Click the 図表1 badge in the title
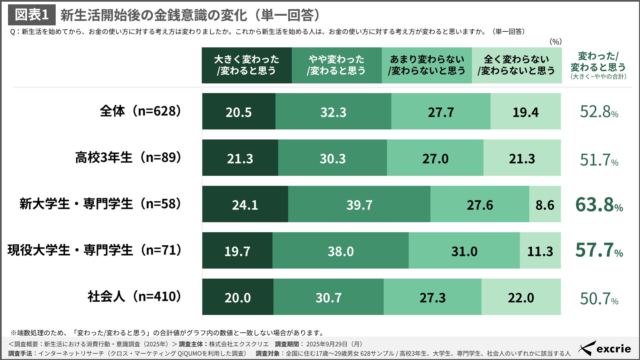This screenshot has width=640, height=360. tap(32, 15)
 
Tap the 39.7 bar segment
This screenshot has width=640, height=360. tap(359, 204)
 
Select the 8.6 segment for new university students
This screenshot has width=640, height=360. tap(545, 204)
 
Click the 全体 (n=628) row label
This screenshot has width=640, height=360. tap(140, 111)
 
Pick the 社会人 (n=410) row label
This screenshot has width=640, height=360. tap(134, 297)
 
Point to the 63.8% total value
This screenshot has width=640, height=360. tap(599, 205)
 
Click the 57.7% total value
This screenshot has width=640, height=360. tap(599, 250)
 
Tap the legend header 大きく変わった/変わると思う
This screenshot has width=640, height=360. tap(246, 65)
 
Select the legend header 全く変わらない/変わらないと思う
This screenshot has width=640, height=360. tap(516, 65)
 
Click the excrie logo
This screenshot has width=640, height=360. tap(605, 349)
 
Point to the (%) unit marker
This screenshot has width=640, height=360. tap(555, 42)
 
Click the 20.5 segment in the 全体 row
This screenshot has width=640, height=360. tap(238, 112)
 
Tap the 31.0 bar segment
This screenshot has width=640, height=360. tap(464, 251)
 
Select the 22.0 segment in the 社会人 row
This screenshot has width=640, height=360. tap(521, 297)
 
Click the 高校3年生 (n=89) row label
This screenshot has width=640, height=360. tap(128, 157)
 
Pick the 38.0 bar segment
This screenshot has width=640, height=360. tap(340, 251)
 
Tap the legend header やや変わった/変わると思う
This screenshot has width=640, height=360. tap(337, 65)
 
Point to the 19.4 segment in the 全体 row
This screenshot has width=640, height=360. tap(525, 112)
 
